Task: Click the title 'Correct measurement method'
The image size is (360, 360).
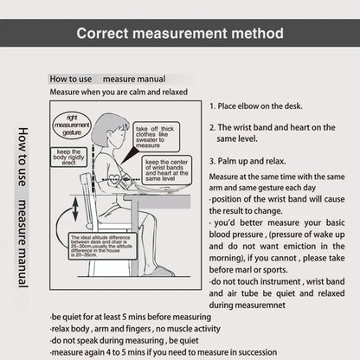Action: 180,34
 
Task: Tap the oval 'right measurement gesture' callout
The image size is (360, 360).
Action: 72,124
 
